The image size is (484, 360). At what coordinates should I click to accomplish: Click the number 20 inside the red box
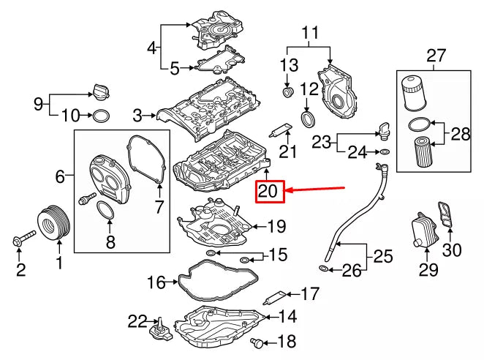[x=268, y=192]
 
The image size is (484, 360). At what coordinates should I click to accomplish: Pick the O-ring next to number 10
[x=102, y=116]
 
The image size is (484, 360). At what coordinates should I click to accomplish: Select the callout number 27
[x=436, y=55]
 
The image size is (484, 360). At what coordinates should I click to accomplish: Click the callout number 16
[x=156, y=280]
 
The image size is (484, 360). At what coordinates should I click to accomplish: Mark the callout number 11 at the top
[x=310, y=33]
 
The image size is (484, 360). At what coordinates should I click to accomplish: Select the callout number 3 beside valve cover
[x=137, y=115]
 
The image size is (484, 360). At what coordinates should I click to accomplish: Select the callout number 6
[x=61, y=176]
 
